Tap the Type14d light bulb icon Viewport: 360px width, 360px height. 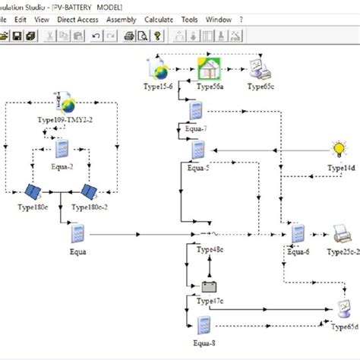[338, 149]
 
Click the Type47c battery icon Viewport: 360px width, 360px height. [207, 287]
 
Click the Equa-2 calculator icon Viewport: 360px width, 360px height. [62, 149]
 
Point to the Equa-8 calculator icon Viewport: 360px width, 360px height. [202, 325]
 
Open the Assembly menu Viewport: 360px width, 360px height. [122, 17]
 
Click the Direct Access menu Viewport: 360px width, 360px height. [78, 17]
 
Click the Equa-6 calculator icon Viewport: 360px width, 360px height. [298, 234]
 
